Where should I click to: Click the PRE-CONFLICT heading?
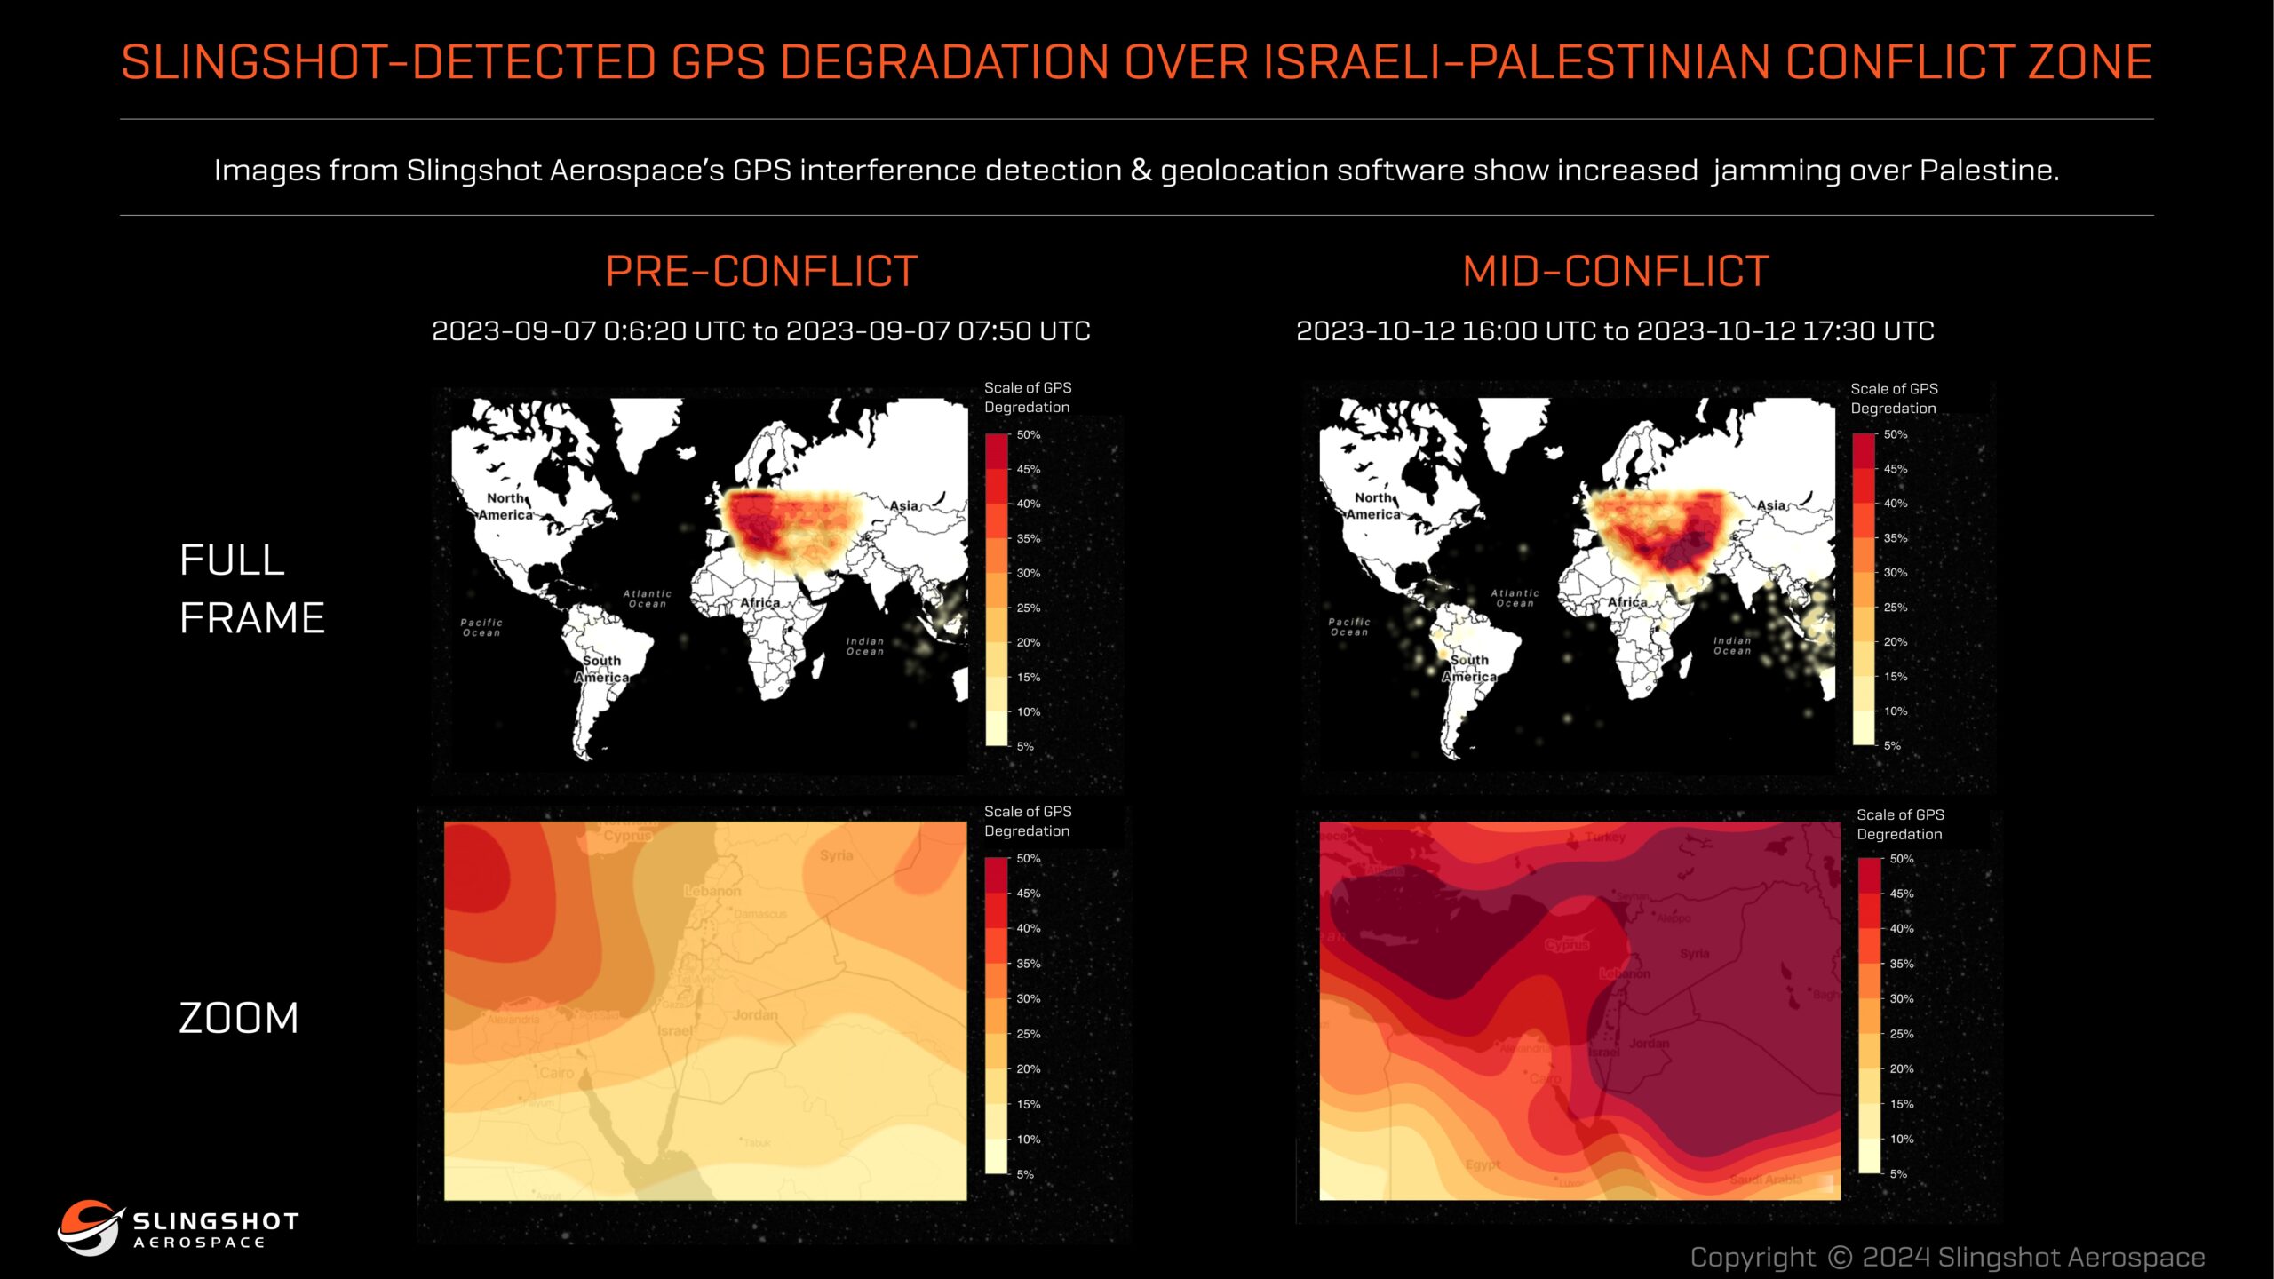(761, 271)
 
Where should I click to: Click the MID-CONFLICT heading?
(1616, 271)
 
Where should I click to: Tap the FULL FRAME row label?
(252, 588)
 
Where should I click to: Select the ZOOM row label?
(239, 1018)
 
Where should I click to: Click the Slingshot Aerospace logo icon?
(87, 1227)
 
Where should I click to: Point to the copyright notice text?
(1947, 1257)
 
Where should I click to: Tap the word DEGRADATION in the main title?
(944, 62)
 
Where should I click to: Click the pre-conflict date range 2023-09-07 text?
(761, 331)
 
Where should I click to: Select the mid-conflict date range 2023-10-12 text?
(1615, 331)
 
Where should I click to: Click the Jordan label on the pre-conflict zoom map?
(755, 1014)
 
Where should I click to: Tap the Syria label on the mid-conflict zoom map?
(1695, 954)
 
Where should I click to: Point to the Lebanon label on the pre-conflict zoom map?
(712, 891)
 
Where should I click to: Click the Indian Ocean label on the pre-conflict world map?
(864, 646)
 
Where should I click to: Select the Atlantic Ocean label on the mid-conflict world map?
(1515, 598)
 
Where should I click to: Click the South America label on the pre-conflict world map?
(601, 669)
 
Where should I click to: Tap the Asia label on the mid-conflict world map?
(1771, 505)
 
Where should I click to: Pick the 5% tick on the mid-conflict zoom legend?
(1898, 1174)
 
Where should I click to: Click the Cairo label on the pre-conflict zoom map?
(557, 1073)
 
